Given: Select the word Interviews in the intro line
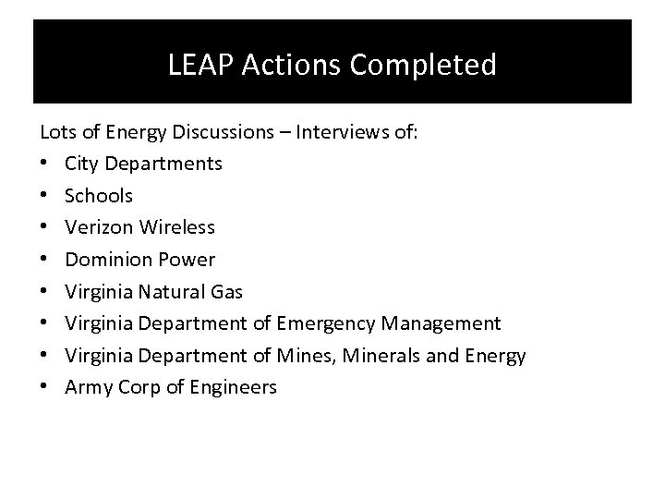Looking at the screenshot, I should point(341,132).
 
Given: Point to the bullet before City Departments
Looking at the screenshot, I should point(45,164).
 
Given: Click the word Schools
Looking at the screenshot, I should point(99,196).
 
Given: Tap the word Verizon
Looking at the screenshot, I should point(95,227).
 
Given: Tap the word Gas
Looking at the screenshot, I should point(226,292).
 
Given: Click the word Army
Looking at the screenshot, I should point(87,388).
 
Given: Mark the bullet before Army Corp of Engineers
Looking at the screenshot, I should point(45,388).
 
